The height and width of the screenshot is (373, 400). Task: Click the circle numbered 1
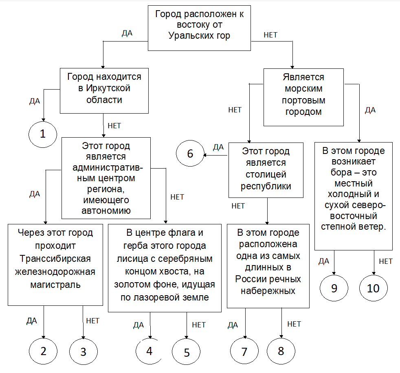[43, 134]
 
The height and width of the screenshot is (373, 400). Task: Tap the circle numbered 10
[373, 288]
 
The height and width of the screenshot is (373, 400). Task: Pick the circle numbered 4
[149, 351]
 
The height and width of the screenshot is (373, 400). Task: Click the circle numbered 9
[334, 288]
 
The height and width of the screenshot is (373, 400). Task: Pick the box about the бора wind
[353, 196]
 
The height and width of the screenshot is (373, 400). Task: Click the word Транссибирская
[55, 259]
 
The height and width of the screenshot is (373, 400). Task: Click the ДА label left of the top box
[127, 33]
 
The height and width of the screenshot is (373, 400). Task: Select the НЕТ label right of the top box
[270, 35]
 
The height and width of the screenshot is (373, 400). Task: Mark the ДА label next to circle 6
[218, 147]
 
